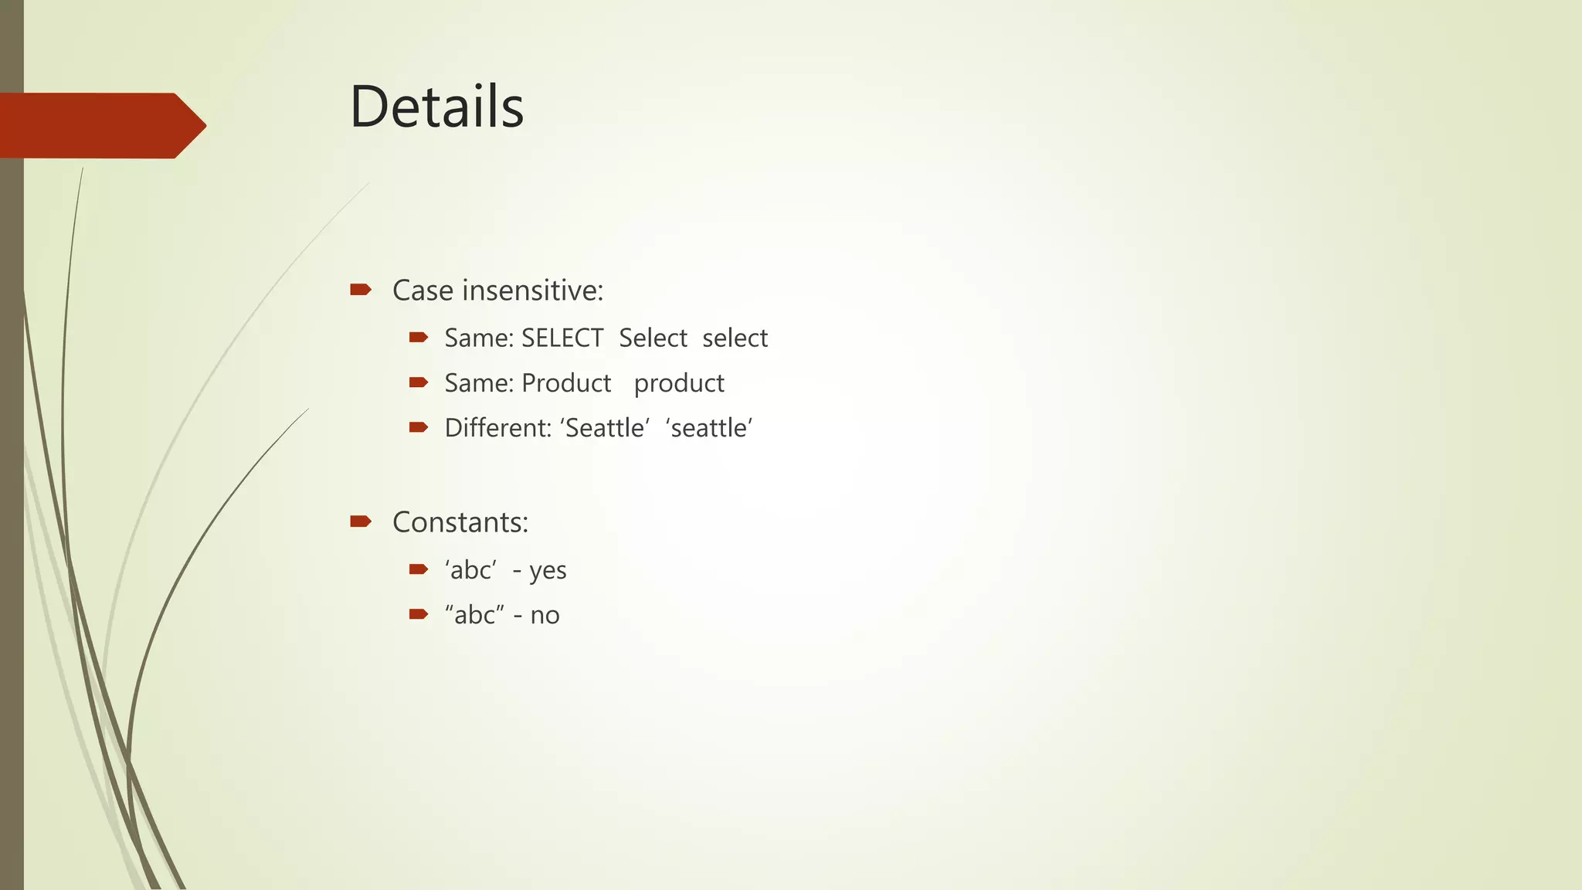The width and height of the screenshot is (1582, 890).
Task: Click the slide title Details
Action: [x=436, y=107]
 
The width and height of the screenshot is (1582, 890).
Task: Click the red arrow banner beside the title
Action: [x=100, y=125]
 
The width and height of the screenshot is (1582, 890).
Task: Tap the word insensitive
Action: [x=532, y=290]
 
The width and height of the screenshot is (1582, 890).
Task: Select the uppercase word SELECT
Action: [x=562, y=338]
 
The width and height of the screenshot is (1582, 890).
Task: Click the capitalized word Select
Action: [x=653, y=338]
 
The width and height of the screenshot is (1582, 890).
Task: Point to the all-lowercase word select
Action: [x=735, y=338]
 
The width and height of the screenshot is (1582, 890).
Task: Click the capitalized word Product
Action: [x=566, y=383]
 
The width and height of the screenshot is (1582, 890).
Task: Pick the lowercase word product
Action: [x=679, y=384]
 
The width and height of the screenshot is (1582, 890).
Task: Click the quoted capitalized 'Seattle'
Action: [x=605, y=428]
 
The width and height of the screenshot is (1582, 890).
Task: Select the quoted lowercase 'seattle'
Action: [x=708, y=428]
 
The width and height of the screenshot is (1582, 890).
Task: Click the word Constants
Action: [x=460, y=522]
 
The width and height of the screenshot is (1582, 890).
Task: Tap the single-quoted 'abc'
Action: [x=470, y=570]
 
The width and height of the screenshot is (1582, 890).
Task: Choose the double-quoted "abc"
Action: [x=474, y=615]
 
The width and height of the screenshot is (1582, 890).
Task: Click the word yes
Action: [x=548, y=571]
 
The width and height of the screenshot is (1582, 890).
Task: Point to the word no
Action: [x=545, y=616]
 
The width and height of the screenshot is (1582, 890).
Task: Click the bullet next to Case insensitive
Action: [x=360, y=290]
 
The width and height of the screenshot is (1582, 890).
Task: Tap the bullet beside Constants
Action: [x=360, y=521]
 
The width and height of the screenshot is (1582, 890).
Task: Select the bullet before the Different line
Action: [x=418, y=427]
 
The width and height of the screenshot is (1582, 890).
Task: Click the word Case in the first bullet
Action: [x=423, y=290]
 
